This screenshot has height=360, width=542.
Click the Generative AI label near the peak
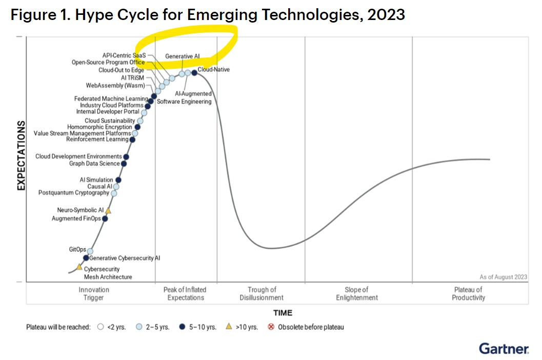[183, 56]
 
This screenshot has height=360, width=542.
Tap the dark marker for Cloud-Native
[194, 72]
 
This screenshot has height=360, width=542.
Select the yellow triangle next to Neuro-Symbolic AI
[108, 210]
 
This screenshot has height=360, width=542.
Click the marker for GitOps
[90, 251]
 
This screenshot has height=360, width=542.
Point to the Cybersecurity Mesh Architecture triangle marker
[79, 267]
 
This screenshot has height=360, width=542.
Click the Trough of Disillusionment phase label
[262, 293]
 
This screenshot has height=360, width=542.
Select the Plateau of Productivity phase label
[468, 293]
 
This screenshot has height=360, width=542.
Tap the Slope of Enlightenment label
[357, 293]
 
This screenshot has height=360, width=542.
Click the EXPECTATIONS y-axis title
[22, 155]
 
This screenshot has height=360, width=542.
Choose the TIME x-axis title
[283, 313]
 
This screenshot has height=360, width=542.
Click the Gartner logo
[504, 348]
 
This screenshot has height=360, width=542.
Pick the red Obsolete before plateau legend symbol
[271, 327]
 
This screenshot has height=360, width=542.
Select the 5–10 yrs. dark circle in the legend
[182, 327]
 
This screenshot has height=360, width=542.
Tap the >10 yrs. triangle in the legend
[229, 327]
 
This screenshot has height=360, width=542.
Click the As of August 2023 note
[503, 277]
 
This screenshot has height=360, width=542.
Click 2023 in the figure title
[386, 15]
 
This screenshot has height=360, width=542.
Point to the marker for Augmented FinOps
[105, 218]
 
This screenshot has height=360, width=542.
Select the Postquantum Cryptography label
[74, 193]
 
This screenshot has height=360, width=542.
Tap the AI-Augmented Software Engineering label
[185, 97]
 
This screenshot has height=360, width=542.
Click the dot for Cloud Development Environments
[126, 157]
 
